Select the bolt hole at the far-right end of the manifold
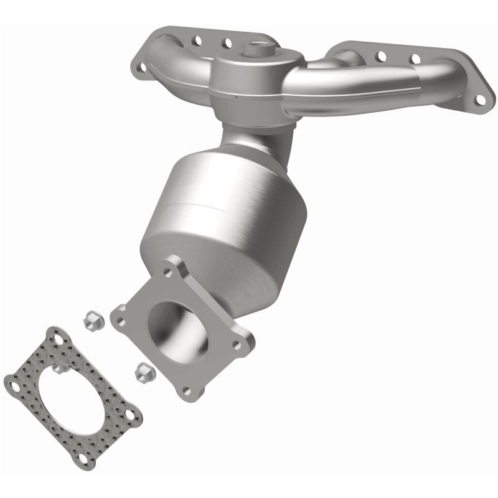(480, 99)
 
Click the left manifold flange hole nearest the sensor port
(227, 43)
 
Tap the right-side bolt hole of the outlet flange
(238, 342)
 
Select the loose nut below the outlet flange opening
(141, 373)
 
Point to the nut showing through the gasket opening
(58, 370)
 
